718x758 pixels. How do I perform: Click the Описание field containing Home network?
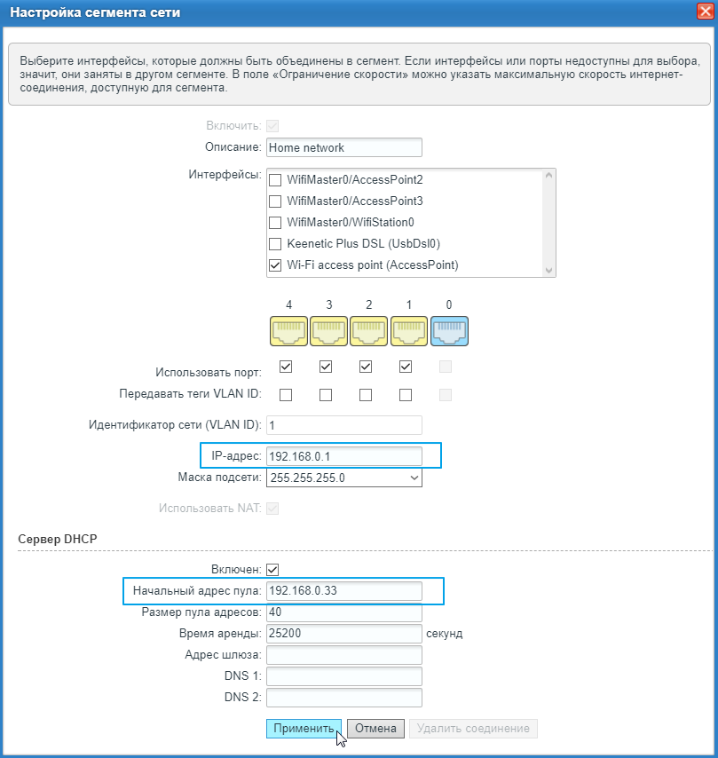click(343, 147)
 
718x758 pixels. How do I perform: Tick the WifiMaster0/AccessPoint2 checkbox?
click(275, 179)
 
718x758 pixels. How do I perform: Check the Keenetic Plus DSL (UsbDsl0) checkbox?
click(275, 243)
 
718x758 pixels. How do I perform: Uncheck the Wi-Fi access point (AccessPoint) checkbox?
click(275, 265)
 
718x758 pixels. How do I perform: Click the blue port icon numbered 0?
click(449, 330)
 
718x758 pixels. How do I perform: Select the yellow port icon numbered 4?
click(288, 330)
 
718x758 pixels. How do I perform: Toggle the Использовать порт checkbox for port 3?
click(326, 367)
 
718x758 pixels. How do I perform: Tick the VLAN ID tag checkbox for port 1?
click(406, 394)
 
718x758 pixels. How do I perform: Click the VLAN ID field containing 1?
click(343, 425)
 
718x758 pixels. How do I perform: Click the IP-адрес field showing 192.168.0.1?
click(343, 456)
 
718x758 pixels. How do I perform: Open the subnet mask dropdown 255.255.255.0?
click(343, 478)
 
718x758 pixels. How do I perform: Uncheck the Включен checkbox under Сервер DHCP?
click(273, 569)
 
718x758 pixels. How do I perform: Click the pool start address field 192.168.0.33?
click(343, 591)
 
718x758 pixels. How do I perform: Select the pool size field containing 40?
click(343, 612)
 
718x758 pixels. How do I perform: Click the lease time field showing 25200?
click(343, 634)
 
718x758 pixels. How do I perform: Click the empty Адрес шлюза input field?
click(343, 655)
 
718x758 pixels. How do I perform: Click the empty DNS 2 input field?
click(343, 698)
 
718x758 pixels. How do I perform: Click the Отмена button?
click(375, 729)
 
